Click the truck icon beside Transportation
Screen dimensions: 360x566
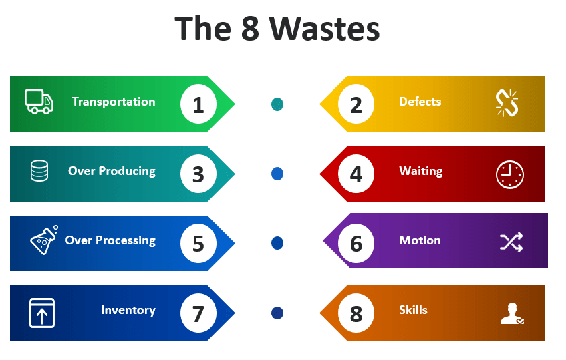(39, 101)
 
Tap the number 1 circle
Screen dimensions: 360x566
(198, 104)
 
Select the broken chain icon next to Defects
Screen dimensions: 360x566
(507, 103)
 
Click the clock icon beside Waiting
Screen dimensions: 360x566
(509, 174)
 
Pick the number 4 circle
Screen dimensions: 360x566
(356, 174)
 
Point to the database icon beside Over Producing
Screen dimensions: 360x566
(39, 171)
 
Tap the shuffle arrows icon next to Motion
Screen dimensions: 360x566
(511, 242)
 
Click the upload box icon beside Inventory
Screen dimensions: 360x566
(42, 312)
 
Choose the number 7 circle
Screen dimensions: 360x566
(198, 313)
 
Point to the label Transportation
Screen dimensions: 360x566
(114, 102)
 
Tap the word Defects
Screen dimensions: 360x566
(420, 102)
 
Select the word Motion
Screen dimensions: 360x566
(420, 240)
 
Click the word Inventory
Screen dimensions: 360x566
(128, 310)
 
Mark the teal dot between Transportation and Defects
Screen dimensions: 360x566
(277, 104)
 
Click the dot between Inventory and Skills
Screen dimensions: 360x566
(277, 313)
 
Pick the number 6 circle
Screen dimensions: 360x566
(356, 243)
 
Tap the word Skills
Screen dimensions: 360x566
(413, 310)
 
